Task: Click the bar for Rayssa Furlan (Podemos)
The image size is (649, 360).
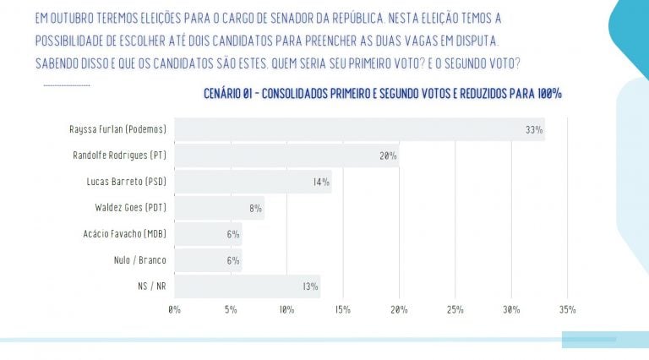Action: click(359, 129)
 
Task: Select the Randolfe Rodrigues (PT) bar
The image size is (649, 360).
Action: click(286, 155)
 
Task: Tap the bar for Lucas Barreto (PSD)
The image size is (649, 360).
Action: click(253, 182)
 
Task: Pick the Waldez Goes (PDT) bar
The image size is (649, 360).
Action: click(219, 208)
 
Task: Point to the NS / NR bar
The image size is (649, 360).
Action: click(247, 286)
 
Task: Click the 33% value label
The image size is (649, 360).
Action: click(533, 130)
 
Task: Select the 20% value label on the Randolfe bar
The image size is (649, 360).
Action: click(388, 156)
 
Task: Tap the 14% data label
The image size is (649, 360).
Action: click(321, 183)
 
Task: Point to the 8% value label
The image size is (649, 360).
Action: click(255, 209)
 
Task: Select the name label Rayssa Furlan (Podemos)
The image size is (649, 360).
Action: click(117, 129)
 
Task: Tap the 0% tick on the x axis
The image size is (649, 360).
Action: click(174, 310)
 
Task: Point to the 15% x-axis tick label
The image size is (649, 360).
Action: click(342, 310)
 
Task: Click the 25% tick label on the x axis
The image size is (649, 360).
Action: click(455, 310)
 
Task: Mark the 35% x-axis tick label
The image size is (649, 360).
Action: click(567, 310)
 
